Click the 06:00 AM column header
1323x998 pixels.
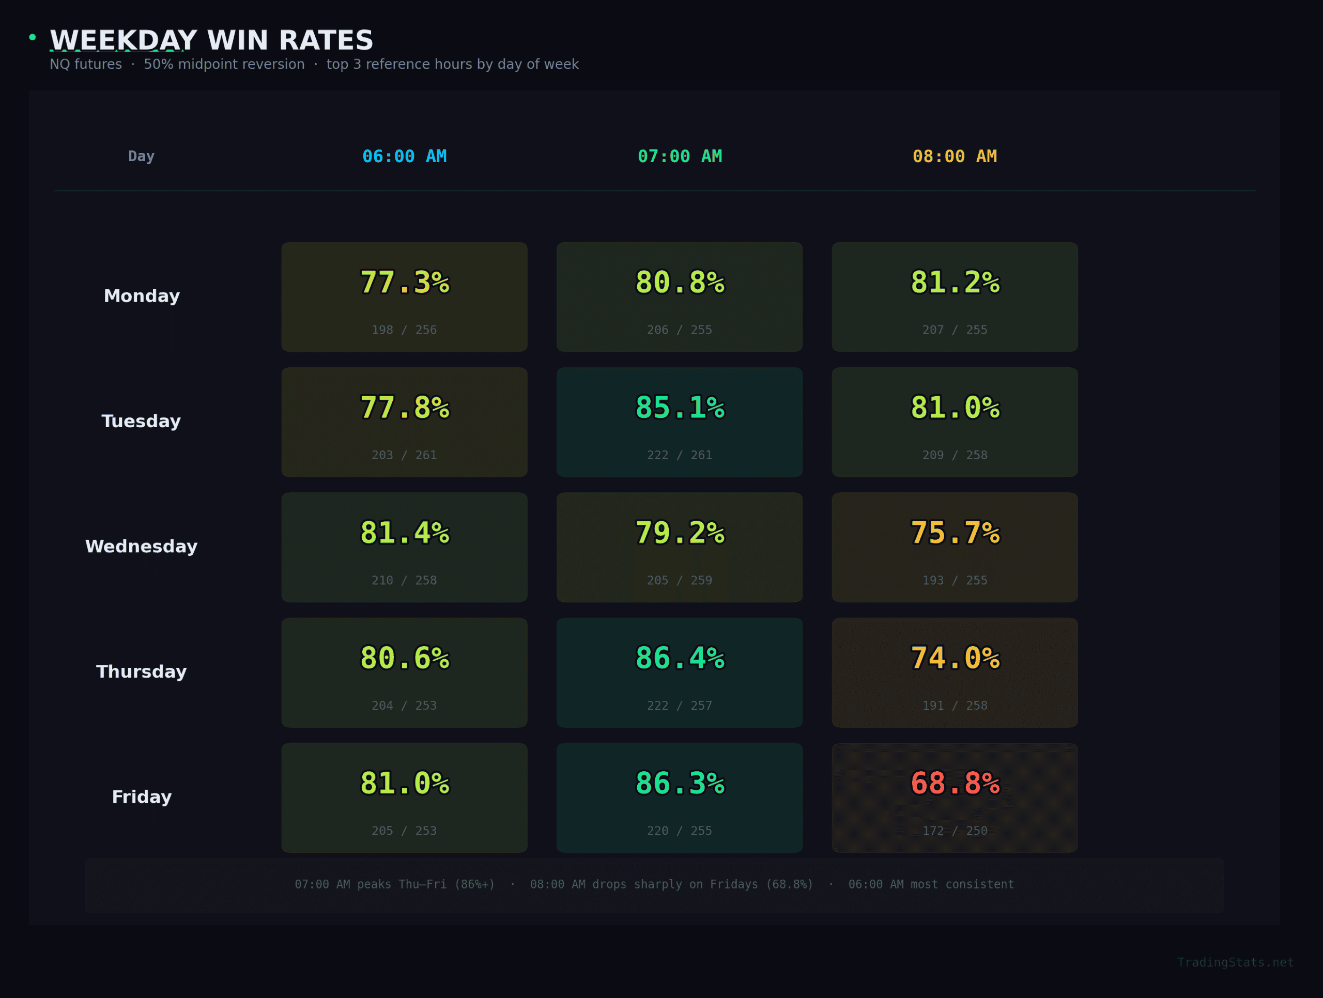[404, 157]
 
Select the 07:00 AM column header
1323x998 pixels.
[680, 157]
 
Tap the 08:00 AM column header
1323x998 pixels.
[955, 157]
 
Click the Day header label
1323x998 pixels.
[141, 157]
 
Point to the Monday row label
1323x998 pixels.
[142, 296]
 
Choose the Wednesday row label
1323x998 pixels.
[141, 547]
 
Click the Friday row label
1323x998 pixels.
[142, 797]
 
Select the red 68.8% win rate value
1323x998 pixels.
[955, 783]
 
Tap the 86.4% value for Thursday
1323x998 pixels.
[680, 658]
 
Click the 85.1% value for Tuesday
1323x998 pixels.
[680, 408]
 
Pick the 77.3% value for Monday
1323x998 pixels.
[404, 283]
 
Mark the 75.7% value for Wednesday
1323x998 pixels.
[955, 533]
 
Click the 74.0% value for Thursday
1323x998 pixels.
[955, 658]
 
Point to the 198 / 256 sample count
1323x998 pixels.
[404, 330]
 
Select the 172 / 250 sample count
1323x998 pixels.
[955, 831]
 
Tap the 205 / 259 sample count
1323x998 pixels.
[680, 580]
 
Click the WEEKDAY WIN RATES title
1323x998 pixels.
[212, 41]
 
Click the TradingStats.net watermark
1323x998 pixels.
[1235, 962]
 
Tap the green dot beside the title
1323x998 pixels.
[32, 37]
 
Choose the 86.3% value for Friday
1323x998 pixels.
[680, 783]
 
